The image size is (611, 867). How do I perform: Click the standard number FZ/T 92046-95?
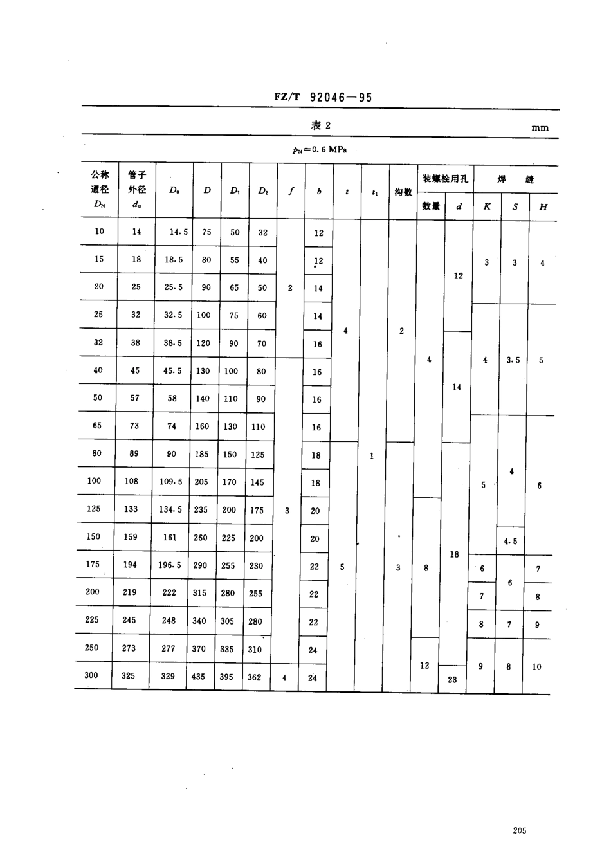tap(323, 97)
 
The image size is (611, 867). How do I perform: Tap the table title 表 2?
tap(320, 125)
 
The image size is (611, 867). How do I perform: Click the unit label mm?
tap(540, 128)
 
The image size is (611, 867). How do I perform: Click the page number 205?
tap(520, 830)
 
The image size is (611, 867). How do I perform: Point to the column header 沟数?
tap(403, 192)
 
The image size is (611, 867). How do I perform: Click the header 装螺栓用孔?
tap(445, 179)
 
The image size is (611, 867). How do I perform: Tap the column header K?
tap(487, 206)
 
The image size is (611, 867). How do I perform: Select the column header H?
tap(543, 206)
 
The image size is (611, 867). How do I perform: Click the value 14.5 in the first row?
tap(179, 232)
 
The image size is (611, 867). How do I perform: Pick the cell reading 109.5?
tap(171, 482)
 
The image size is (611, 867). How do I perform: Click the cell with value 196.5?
tap(170, 565)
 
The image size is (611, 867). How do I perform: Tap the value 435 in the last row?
tap(199, 677)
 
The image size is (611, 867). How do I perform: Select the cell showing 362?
tap(255, 677)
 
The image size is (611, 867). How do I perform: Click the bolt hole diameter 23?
tap(452, 679)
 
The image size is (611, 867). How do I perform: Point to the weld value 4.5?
tap(510, 542)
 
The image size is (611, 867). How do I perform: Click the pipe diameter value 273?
tap(129, 648)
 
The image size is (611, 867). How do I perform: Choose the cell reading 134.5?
tap(170, 509)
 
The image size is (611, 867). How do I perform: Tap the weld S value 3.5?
tap(513, 360)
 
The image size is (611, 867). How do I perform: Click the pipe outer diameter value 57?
tap(134, 398)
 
